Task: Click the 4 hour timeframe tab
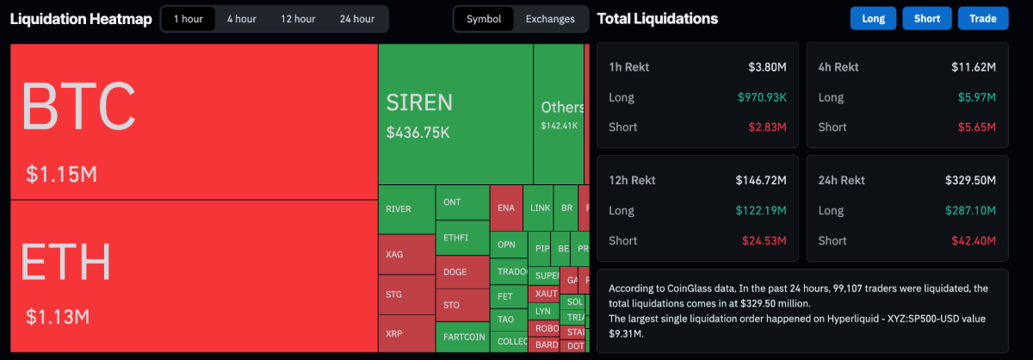click(242, 19)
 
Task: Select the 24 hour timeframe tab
click(357, 19)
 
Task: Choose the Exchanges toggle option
click(551, 19)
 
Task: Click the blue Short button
click(927, 19)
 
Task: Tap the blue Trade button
click(982, 19)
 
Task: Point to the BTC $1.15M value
click(61, 175)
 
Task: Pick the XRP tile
click(394, 332)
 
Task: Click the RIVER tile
click(399, 209)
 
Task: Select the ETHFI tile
click(455, 237)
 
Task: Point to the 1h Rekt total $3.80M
click(767, 65)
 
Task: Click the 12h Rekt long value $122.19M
click(761, 210)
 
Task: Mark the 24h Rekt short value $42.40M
click(974, 240)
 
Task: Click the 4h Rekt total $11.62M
click(974, 65)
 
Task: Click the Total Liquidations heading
click(657, 19)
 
